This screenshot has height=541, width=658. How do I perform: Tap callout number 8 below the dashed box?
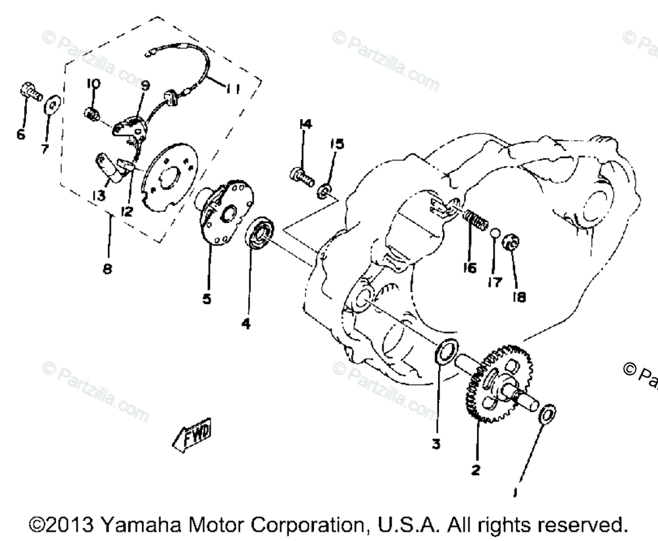[x=107, y=269]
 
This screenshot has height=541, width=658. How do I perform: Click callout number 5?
[x=207, y=298]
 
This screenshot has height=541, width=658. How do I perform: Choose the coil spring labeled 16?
[x=476, y=220]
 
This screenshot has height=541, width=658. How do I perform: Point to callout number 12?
[x=126, y=212]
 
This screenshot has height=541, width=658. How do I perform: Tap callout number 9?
[x=145, y=86]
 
